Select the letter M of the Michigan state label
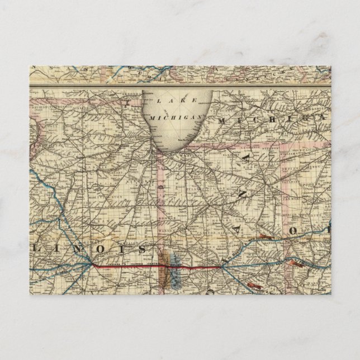[223, 120]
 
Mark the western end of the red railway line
[93, 264]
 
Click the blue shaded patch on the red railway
[173, 276]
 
